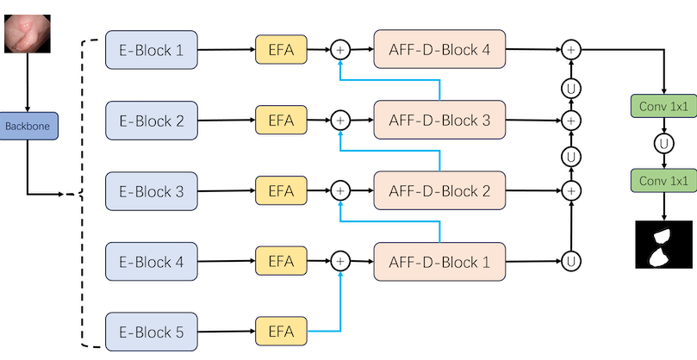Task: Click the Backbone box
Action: [28, 126]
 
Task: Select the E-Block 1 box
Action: [152, 50]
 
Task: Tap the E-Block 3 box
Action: [152, 191]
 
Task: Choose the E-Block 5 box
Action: [152, 332]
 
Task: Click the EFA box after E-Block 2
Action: [281, 120]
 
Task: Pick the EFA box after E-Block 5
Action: [281, 331]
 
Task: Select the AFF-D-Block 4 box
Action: [439, 49]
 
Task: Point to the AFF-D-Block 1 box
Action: [439, 262]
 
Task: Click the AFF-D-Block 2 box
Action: [439, 190]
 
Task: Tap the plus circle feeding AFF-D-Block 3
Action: [340, 121]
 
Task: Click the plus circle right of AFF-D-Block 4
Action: [571, 50]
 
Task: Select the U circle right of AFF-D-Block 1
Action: [571, 261]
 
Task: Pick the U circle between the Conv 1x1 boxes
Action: [664, 144]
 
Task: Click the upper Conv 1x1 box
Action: [663, 106]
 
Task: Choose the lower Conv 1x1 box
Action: [663, 181]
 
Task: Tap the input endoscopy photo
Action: [27, 34]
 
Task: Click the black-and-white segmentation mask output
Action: [664, 245]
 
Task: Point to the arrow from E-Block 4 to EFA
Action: [227, 261]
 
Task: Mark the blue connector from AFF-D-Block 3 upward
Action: [389, 80]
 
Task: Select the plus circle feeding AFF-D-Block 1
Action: [340, 261]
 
